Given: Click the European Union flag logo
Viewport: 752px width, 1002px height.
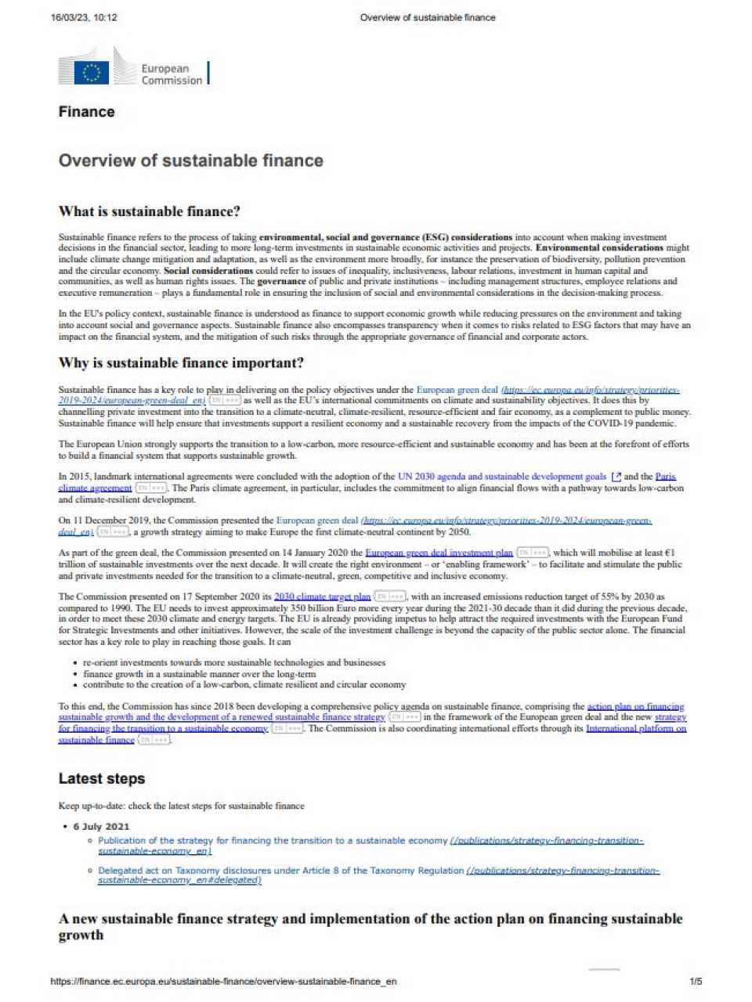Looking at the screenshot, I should click(92, 72).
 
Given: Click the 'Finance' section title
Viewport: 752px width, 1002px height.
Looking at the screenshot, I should click(86, 112).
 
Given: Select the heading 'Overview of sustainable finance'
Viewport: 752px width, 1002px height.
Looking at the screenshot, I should click(190, 160).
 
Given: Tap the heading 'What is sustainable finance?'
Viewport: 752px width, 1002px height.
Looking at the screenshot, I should click(149, 211).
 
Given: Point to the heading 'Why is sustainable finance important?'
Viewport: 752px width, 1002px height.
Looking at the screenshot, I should click(181, 363).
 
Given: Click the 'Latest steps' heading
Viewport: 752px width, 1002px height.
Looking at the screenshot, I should click(101, 779).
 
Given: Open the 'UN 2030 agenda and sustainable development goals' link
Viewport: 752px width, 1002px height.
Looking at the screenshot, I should click(501, 476).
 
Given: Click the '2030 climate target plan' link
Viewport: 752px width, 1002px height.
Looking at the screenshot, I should click(322, 597).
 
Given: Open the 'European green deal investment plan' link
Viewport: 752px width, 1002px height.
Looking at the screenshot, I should click(439, 553).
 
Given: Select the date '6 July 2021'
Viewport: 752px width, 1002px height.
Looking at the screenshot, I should click(101, 827).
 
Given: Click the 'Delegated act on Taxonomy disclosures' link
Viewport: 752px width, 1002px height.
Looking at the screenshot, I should click(280, 870).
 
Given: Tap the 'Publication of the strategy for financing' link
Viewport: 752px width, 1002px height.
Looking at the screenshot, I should click(273, 841).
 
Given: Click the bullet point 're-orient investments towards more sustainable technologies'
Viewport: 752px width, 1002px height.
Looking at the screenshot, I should click(234, 662).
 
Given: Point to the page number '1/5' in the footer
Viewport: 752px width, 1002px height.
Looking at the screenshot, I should click(696, 982).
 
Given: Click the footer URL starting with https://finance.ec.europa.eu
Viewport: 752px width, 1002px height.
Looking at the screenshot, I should click(223, 982).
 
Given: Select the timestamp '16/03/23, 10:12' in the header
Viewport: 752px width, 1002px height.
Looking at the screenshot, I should click(84, 17).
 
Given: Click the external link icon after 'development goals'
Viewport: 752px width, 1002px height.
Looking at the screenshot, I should click(616, 477).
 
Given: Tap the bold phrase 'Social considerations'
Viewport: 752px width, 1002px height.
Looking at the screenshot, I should click(208, 271).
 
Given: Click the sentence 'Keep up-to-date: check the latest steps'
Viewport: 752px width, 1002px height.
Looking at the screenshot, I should click(181, 806).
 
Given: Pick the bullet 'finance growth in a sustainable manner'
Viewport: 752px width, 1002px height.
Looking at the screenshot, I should click(199, 673).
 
